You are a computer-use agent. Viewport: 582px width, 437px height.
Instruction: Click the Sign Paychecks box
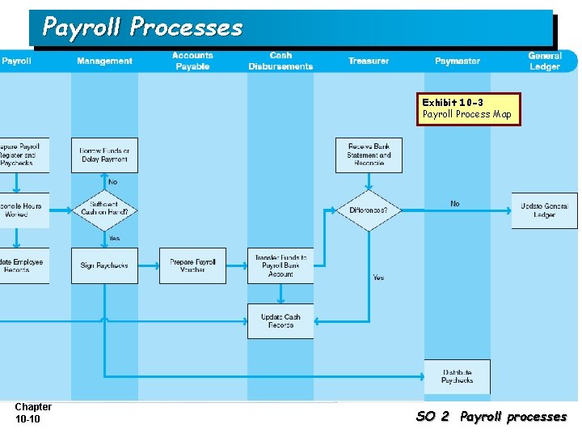pos(104,265)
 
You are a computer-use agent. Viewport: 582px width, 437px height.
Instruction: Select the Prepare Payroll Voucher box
pos(192,265)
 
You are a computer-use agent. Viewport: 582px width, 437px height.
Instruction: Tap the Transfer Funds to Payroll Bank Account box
pos(280,265)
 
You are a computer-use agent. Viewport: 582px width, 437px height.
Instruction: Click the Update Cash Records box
pos(280,320)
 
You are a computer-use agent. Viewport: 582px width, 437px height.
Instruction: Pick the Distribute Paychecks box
pos(457,376)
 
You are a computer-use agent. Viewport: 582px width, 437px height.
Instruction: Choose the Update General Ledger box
pos(544,210)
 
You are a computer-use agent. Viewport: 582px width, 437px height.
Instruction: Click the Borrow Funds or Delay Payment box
pos(104,155)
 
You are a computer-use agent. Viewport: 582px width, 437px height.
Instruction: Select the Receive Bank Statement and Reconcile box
pos(369,155)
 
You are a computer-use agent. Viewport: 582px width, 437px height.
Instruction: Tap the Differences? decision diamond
pos(369,210)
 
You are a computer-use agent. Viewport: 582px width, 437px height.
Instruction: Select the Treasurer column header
pos(369,61)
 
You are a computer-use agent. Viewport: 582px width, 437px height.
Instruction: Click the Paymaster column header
pos(457,61)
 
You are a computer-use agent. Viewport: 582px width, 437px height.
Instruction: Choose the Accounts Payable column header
pos(192,61)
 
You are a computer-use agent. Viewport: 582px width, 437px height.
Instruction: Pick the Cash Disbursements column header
pos(280,61)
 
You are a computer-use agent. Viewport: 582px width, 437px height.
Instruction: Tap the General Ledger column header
pos(544,61)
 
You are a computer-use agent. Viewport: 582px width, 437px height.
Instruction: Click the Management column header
pos(104,61)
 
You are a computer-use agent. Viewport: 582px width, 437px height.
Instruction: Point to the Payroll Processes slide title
pos(142,28)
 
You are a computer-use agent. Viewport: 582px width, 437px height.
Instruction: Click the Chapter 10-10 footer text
pos(33,413)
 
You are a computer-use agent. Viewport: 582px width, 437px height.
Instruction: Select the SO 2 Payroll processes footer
pos(491,417)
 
